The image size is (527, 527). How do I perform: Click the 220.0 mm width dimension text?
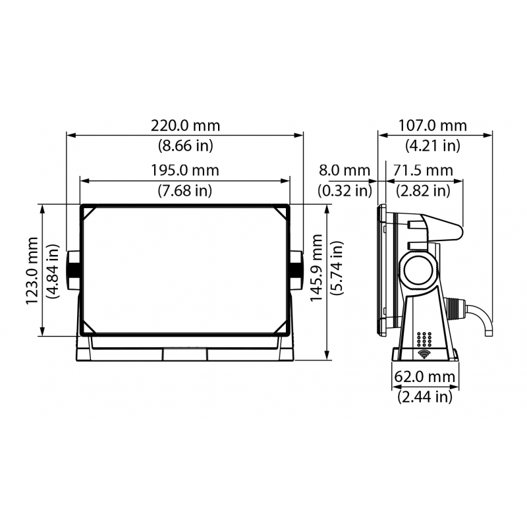[x=185, y=126]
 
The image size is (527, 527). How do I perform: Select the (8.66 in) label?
[x=186, y=146]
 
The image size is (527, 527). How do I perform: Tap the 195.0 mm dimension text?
[x=185, y=171]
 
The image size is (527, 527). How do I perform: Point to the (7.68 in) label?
[x=185, y=190]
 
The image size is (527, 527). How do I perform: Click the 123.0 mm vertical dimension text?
[x=32, y=271]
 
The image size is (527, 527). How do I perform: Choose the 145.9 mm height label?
[x=316, y=268]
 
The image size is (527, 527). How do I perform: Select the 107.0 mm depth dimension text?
[x=433, y=126]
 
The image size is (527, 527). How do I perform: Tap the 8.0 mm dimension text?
[x=345, y=171]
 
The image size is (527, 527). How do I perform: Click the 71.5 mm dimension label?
[x=423, y=171]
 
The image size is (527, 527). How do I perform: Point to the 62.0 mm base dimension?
[x=425, y=377]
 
